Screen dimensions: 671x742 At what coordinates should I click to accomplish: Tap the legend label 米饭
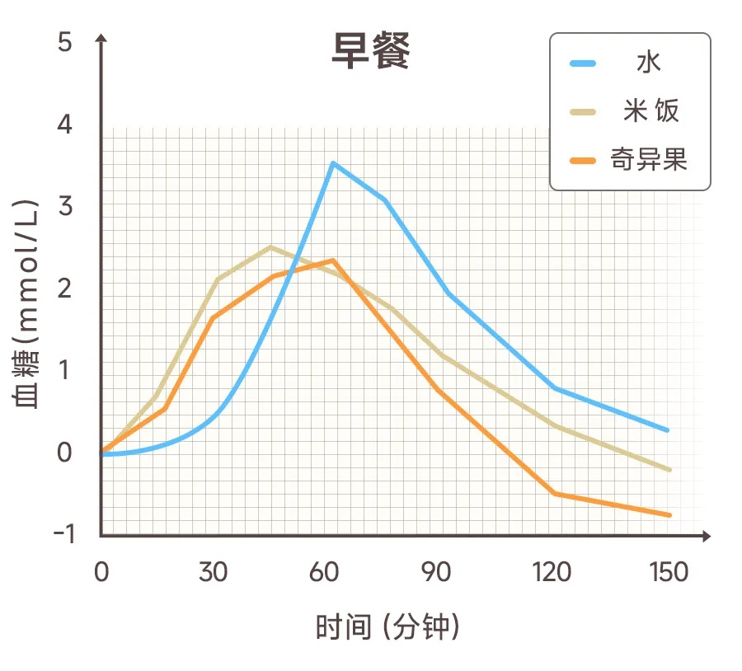650,110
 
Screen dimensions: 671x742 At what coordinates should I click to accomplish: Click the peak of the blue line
332,163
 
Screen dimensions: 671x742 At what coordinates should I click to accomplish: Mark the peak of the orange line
332,260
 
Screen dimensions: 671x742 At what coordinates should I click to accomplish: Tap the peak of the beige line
270,246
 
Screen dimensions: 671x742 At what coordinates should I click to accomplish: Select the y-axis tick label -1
63,533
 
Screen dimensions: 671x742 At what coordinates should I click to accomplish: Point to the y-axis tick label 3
65,205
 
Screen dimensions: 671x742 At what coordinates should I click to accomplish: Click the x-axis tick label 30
214,572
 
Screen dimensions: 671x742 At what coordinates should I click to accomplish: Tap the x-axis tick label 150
668,572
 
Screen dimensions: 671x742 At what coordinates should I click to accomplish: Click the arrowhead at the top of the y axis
101,39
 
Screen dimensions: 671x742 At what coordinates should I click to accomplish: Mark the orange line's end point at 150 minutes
669,515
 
